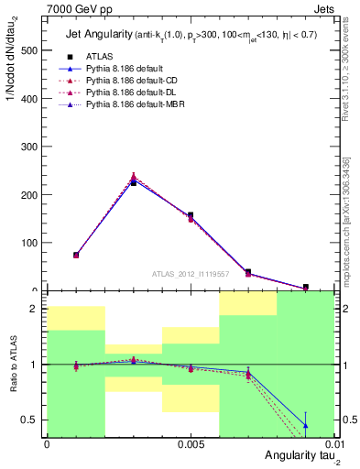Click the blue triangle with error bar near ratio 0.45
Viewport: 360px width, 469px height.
click(305, 426)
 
